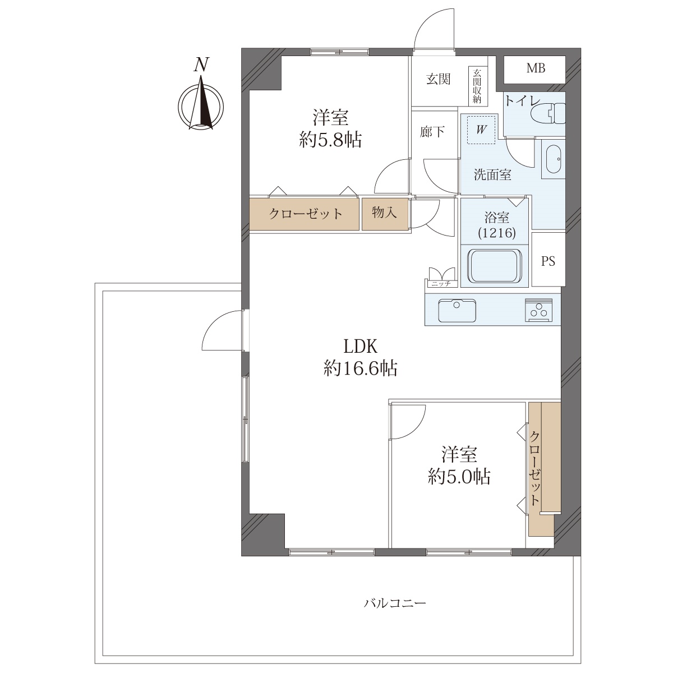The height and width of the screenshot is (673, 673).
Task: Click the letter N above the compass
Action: tap(201, 64)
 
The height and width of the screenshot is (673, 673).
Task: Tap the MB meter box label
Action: tap(536, 68)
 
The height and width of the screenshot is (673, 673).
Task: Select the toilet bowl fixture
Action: tap(547, 113)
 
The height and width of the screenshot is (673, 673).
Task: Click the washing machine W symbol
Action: tap(481, 130)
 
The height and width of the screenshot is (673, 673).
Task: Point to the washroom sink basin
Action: tap(552, 159)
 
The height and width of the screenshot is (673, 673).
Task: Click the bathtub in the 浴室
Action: tap(495, 266)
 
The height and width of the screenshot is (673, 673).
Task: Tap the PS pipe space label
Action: tap(548, 261)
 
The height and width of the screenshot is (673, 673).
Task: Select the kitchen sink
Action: tap(457, 311)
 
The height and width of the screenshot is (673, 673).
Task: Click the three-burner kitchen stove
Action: tap(538, 310)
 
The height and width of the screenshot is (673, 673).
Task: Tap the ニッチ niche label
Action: tap(441, 284)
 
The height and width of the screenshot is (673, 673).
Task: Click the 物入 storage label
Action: tap(385, 213)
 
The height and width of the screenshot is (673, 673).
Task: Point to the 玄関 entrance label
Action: tap(439, 80)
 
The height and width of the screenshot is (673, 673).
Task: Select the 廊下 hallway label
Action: tap(432, 132)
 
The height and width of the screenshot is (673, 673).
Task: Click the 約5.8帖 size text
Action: tap(330, 140)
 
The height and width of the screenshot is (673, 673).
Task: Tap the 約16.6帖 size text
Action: tap(361, 368)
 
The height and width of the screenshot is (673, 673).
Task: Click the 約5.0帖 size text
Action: tap(459, 477)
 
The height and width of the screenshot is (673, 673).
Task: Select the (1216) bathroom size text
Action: tap(497, 233)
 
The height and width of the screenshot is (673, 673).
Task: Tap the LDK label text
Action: tap(361, 347)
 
